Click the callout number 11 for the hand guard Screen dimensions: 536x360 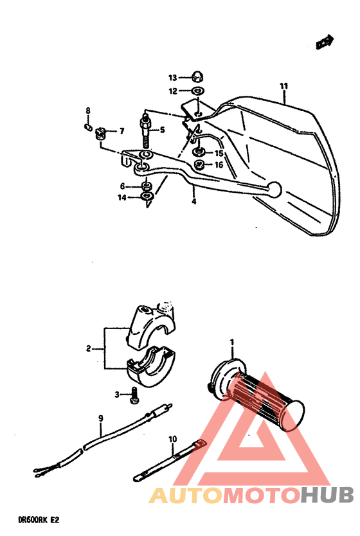click(x=283, y=86)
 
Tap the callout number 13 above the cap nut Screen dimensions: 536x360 click(x=173, y=77)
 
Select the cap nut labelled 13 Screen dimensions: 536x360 click(x=198, y=77)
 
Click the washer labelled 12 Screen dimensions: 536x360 click(x=198, y=91)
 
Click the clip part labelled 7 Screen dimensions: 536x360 click(x=100, y=133)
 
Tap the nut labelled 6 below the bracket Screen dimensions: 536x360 click(x=147, y=186)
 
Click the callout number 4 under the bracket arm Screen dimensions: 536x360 click(x=193, y=201)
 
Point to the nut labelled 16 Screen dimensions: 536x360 click(x=200, y=165)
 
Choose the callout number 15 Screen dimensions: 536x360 click(x=219, y=153)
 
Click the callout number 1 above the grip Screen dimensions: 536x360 click(x=232, y=341)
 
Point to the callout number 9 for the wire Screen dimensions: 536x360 click(x=100, y=418)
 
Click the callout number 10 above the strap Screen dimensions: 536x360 click(x=172, y=440)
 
